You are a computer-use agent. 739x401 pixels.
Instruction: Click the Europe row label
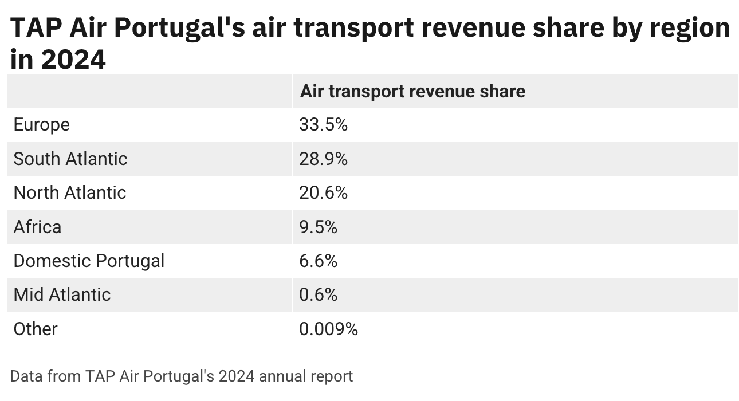point(41,125)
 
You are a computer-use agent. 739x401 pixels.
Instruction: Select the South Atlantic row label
point(70,159)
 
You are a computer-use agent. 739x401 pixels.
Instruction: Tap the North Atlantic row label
point(69,192)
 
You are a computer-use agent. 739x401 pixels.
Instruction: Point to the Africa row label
point(37,227)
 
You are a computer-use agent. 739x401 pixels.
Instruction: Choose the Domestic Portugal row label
point(89,261)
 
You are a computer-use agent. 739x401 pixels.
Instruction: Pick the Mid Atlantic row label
point(62,294)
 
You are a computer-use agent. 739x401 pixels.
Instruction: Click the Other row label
point(36,329)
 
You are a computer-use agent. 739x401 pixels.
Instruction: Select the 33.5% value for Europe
point(323,125)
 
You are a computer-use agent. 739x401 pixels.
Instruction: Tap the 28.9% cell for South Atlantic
point(323,159)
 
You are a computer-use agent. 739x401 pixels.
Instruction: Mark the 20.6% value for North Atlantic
point(323,192)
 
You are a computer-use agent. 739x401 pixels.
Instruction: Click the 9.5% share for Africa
point(318,227)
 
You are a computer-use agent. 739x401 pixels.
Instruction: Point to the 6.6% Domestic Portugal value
point(318,261)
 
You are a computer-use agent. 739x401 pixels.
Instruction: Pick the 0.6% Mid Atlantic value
point(318,294)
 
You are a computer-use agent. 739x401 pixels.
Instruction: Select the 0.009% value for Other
point(328,329)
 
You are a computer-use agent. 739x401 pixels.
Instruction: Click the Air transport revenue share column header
point(412,91)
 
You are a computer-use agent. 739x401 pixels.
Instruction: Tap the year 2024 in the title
point(74,59)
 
